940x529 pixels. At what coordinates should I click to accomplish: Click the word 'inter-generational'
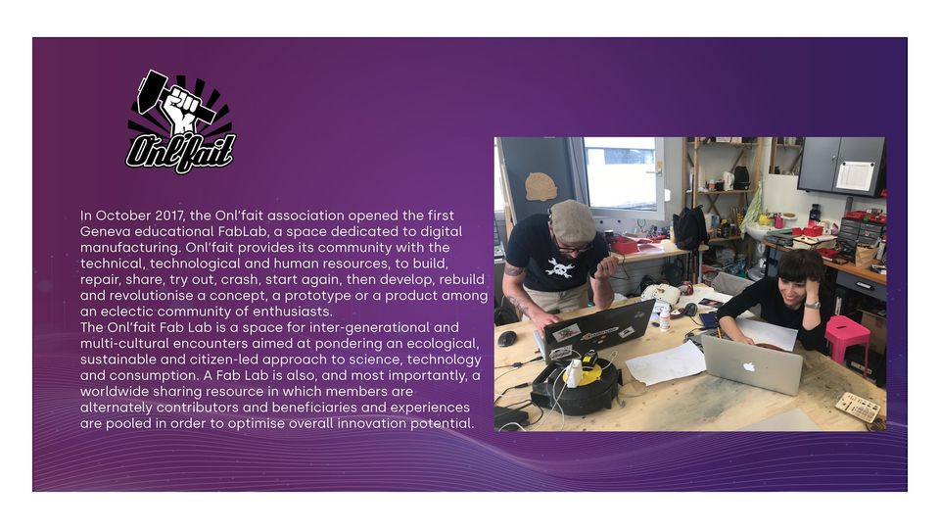[369, 327]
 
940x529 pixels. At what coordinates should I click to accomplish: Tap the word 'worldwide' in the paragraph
[118, 391]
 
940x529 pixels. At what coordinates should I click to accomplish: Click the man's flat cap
[572, 220]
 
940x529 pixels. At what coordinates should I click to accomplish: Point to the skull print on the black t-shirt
[560, 266]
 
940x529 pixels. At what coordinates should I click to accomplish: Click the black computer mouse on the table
[506, 339]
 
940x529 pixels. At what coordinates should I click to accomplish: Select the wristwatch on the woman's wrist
[812, 305]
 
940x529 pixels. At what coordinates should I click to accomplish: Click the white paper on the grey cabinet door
[855, 175]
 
